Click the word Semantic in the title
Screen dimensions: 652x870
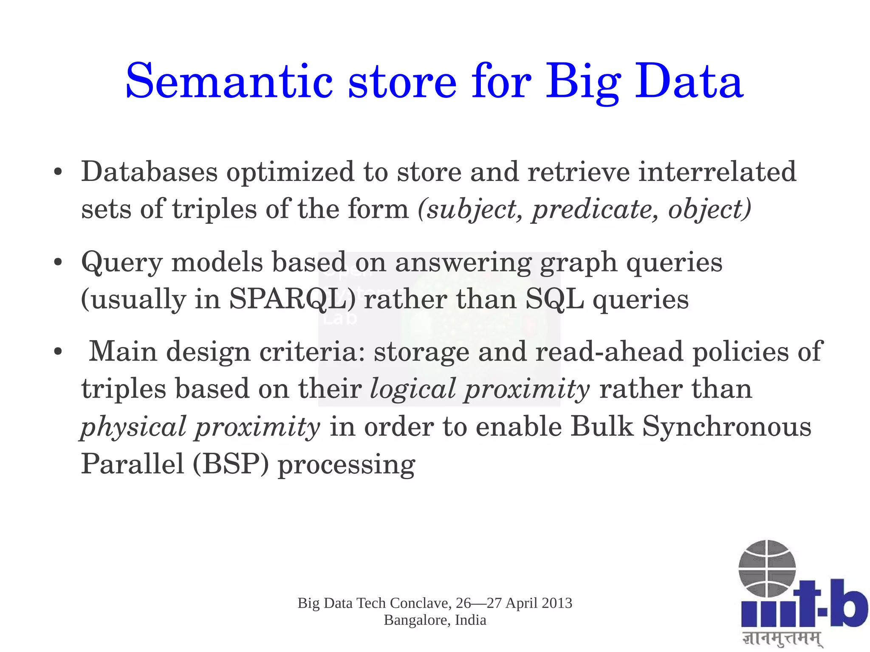pos(229,82)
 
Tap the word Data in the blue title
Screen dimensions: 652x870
pos(689,82)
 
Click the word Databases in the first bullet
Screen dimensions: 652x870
pos(149,172)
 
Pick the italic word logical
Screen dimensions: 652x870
pos(412,389)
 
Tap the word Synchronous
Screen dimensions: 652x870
pos(726,426)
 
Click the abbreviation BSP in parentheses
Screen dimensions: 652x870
pos(231,464)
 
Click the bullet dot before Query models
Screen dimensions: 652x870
pos(59,262)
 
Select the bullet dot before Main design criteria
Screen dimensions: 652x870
pos(59,352)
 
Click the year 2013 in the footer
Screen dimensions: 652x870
pos(556,603)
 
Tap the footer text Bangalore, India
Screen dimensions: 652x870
pos(435,620)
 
